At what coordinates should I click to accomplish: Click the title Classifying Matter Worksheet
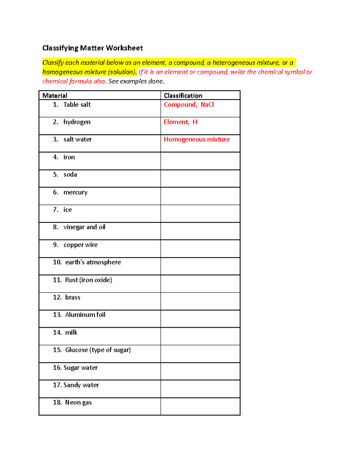92,48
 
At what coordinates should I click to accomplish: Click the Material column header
55,95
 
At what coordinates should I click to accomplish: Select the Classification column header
183,95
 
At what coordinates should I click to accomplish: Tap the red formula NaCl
207,104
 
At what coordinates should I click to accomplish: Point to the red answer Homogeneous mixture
196,139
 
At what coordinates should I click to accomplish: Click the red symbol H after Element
195,122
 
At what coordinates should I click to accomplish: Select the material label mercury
75,192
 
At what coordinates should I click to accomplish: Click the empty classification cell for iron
200,161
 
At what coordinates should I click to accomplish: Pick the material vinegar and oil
84,227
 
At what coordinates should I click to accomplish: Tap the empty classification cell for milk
200,336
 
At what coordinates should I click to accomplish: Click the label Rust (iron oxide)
88,280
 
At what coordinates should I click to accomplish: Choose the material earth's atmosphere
93,262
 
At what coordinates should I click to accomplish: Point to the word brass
73,297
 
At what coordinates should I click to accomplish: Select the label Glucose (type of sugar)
98,350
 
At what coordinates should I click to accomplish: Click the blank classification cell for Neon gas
200,406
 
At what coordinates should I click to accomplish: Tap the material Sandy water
81,385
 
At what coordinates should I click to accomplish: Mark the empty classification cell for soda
200,179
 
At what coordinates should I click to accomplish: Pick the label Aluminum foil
85,315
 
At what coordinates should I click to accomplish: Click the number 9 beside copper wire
55,245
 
